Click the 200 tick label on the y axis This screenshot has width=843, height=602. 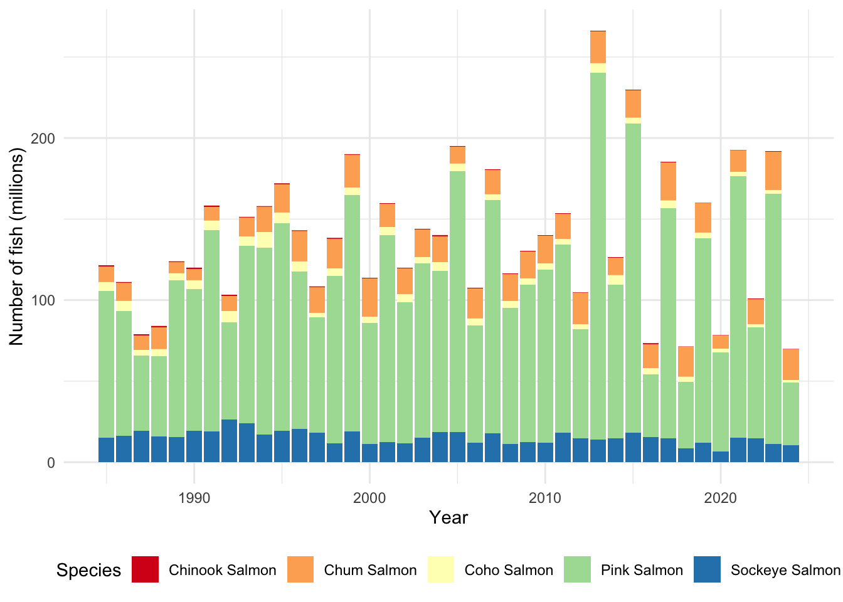(x=43, y=139)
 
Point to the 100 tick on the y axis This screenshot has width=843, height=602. (x=43, y=300)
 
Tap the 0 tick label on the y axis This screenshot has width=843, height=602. (x=51, y=463)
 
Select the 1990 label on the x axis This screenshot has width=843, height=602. (x=194, y=498)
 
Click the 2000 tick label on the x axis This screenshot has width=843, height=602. (x=369, y=498)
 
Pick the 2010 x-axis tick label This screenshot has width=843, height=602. (x=545, y=498)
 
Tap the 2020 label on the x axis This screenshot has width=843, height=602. (x=720, y=498)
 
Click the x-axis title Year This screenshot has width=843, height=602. (x=448, y=517)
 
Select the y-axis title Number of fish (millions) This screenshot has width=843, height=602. (x=16, y=247)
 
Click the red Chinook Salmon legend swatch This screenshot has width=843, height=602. (x=146, y=569)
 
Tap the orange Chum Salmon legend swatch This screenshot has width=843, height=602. (x=300, y=569)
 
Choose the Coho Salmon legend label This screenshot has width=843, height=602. (x=509, y=570)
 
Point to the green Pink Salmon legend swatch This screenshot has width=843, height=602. (x=577, y=569)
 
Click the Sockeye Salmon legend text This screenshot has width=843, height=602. (x=786, y=571)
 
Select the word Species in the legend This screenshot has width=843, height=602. (x=89, y=571)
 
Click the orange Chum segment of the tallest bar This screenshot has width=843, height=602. (x=598, y=48)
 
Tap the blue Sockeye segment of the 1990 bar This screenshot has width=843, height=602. (x=194, y=446)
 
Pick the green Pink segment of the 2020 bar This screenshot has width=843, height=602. (x=720, y=402)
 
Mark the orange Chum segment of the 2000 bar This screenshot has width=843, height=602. (x=369, y=298)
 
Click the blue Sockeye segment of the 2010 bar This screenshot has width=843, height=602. (x=545, y=452)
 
